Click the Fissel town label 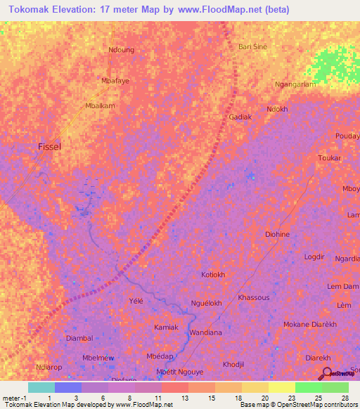[49, 146]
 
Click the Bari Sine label [253, 46]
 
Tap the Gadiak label [240, 117]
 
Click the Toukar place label [329, 158]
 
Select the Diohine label [277, 234]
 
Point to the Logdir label [314, 257]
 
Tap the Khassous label [254, 297]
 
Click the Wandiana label [206, 332]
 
